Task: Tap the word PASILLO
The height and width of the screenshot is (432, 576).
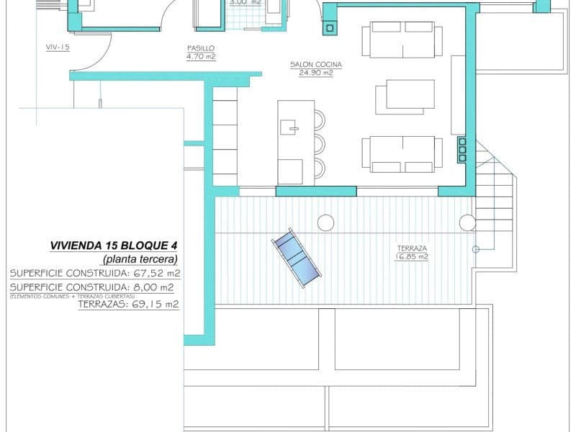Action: [x=200, y=48]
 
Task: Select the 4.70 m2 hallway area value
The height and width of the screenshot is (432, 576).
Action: [x=200, y=57]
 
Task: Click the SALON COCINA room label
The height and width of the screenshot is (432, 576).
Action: [x=315, y=65]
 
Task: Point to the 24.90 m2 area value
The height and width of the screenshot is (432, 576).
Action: [x=315, y=73]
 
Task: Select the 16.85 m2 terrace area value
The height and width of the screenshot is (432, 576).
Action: [x=412, y=256]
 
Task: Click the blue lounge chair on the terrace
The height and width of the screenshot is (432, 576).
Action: [x=296, y=258]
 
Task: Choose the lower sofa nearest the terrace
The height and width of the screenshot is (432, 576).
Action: [x=402, y=154]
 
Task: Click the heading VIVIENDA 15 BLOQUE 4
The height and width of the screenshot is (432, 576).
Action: [x=113, y=245]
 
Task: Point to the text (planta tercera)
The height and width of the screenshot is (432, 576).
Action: [x=140, y=258]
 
